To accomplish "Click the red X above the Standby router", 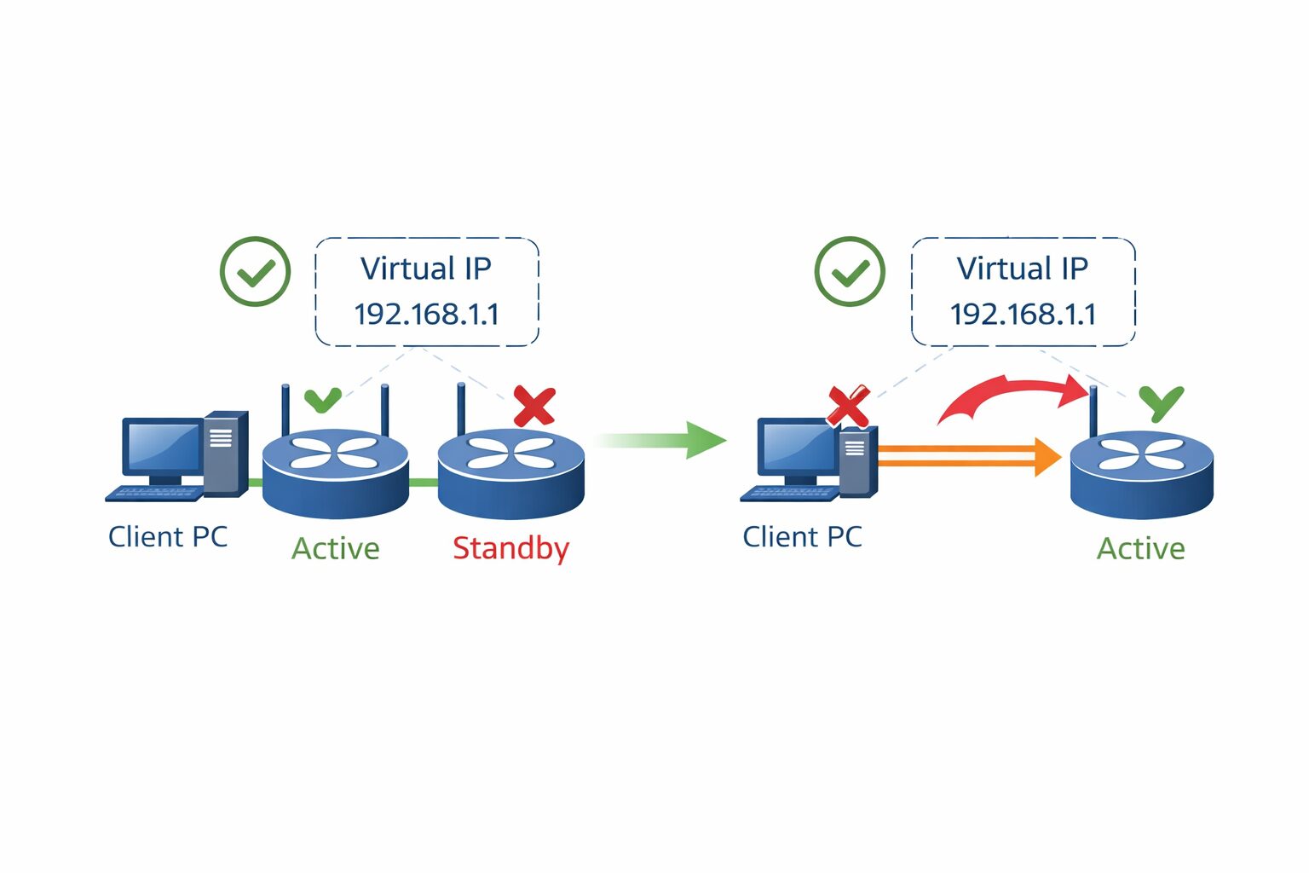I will [x=534, y=407].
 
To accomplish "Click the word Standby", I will [x=510, y=548].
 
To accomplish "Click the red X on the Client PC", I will [x=848, y=406].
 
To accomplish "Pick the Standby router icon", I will [x=510, y=473].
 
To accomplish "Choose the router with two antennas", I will [x=336, y=473].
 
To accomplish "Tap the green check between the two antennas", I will [x=323, y=399].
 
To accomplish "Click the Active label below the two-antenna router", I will [x=336, y=548].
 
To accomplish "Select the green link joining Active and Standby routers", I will [x=424, y=483].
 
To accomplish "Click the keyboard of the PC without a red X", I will [x=153, y=494].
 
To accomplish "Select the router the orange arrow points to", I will [x=1141, y=473].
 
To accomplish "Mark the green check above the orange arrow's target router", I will [x=1162, y=402].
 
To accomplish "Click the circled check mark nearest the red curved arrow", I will [x=850, y=272].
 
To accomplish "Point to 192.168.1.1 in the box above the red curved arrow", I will [x=1023, y=315].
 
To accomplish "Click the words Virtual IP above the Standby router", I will [x=426, y=269].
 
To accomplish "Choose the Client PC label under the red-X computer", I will [x=802, y=537].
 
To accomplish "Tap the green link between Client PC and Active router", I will [x=255, y=483].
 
